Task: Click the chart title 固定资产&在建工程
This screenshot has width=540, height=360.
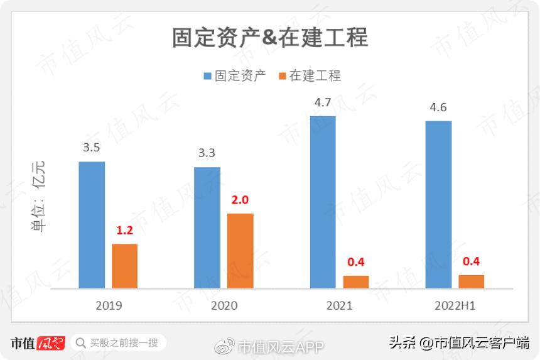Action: pos(270,38)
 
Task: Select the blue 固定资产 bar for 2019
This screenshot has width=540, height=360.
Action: pos(92,225)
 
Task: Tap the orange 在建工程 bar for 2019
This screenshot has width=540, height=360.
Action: pos(124,266)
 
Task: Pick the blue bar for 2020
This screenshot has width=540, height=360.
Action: pos(207,227)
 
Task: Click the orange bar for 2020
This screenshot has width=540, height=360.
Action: pos(240,251)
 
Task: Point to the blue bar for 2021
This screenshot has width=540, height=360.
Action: pos(323,202)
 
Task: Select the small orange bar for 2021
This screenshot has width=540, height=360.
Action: pos(356,281)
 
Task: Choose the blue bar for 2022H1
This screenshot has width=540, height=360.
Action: pos(438,204)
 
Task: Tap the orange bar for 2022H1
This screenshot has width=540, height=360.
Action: pos(471,281)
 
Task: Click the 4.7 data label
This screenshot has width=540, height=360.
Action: pos(323,102)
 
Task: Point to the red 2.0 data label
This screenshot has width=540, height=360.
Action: pos(240,200)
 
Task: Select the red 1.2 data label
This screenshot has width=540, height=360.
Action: pos(125,230)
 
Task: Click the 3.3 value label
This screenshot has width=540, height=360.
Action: pos(207,153)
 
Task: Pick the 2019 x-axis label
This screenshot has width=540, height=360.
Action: pos(109,305)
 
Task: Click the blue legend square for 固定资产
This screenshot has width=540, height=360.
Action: pos(208,76)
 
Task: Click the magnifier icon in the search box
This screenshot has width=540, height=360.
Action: pos(80,343)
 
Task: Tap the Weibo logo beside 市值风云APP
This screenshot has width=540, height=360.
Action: pos(225,346)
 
